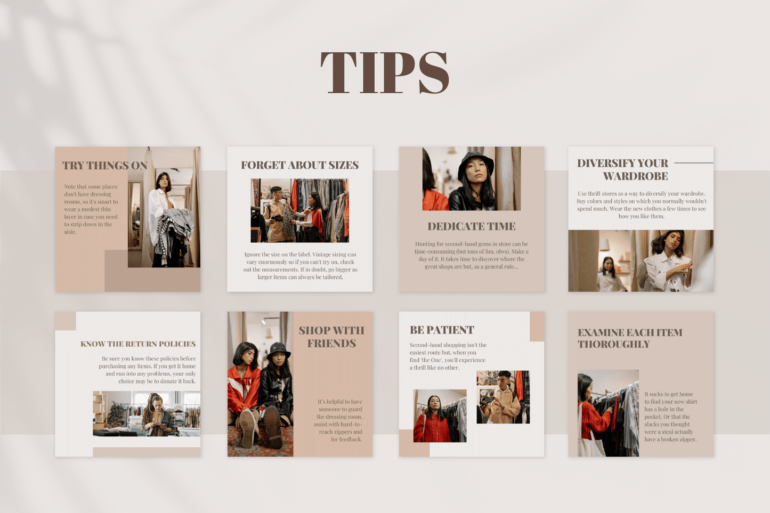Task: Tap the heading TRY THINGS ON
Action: click(104, 166)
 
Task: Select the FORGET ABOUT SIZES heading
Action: click(299, 165)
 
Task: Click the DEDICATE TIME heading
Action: click(471, 226)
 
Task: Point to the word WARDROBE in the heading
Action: click(635, 176)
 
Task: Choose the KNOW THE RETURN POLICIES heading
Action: click(138, 344)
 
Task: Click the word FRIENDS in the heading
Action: click(331, 344)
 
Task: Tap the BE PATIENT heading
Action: click(442, 330)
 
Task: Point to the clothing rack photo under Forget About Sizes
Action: click(299, 210)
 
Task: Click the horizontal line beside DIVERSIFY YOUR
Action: click(693, 163)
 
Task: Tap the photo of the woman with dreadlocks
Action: click(147, 414)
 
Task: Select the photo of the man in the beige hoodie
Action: click(502, 397)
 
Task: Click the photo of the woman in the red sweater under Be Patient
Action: click(440, 416)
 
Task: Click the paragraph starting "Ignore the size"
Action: click(300, 266)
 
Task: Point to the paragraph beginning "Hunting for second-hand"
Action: click(471, 255)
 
